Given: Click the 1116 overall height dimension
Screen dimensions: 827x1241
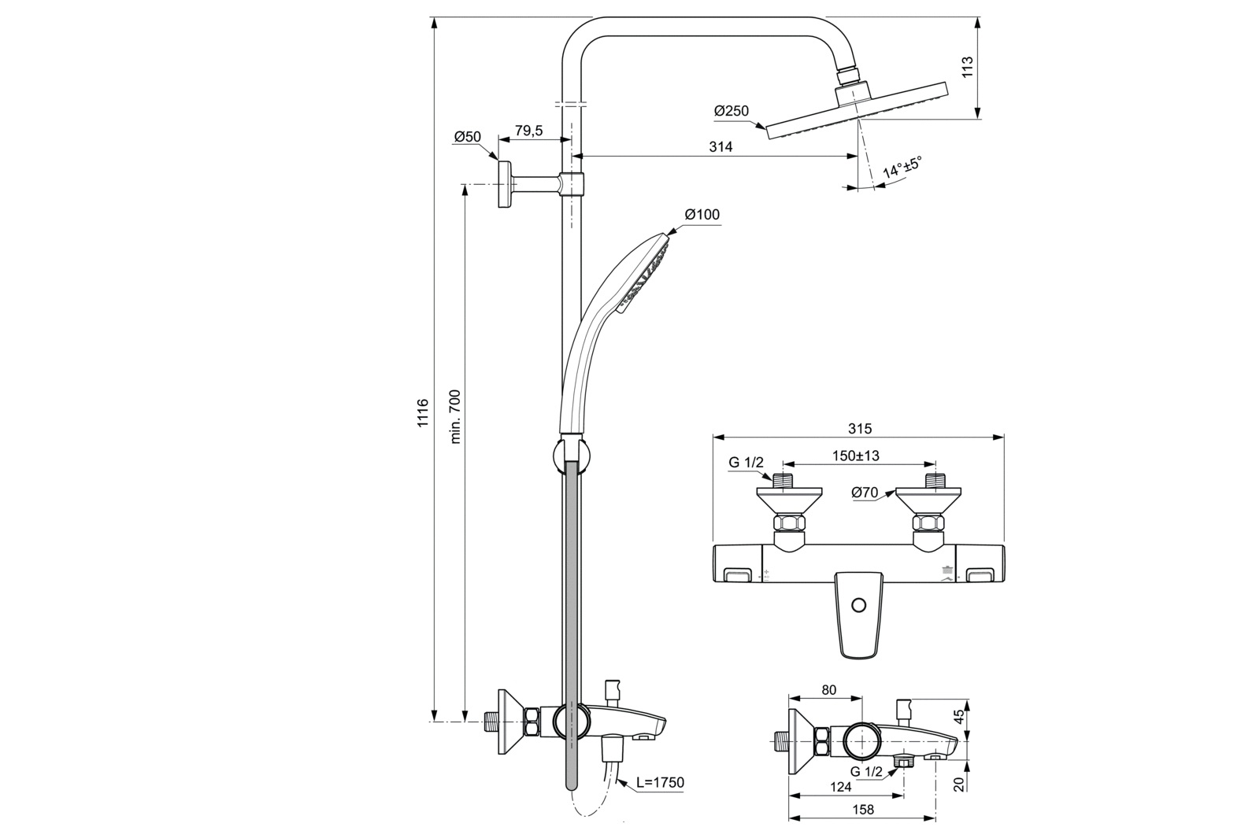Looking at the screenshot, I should [423, 412].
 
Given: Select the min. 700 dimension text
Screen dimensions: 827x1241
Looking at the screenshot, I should [455, 416].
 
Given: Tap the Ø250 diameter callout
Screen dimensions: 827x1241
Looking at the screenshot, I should [732, 112].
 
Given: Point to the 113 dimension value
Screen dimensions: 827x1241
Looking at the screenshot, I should [968, 66].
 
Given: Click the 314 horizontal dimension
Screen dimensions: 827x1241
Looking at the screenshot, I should [720, 147].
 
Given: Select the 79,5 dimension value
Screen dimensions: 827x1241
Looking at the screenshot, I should [528, 131].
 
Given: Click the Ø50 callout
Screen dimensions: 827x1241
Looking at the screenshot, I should [466, 137].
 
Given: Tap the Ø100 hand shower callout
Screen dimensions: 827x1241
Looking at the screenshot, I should [702, 214].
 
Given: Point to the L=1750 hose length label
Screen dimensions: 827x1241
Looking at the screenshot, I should [660, 782].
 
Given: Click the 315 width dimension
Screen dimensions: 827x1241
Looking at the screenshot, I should [860, 429].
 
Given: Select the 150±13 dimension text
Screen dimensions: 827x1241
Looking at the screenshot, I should [856, 456].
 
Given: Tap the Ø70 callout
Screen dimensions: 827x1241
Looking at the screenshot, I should [865, 493].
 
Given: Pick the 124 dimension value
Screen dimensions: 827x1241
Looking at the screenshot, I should [840, 786].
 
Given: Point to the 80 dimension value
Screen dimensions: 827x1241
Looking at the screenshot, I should [828, 690].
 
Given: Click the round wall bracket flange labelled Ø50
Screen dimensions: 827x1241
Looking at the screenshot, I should [502, 185].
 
